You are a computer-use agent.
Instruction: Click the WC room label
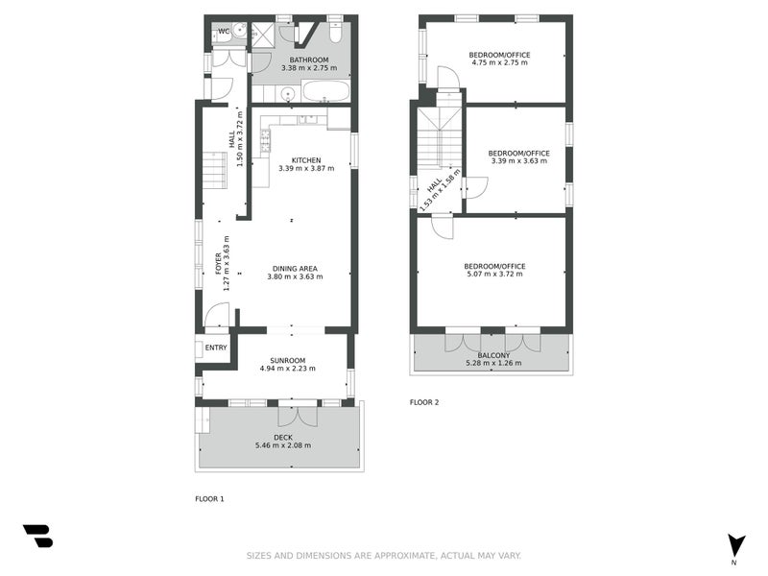[224, 32]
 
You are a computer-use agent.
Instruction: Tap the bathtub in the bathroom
[326, 93]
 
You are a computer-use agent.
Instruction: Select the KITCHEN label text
[306, 159]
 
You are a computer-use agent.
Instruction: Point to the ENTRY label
[216, 348]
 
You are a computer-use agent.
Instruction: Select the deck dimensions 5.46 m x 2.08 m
[282, 445]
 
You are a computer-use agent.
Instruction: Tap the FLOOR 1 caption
[209, 499]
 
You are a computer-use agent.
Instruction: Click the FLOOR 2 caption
[423, 402]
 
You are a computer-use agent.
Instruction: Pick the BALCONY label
[492, 354]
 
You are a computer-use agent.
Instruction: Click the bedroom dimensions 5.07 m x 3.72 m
[494, 275]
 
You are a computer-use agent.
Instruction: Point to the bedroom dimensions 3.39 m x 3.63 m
[517, 161]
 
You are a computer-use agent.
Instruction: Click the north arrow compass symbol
[735, 544]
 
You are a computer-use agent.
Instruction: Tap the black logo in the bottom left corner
[37, 536]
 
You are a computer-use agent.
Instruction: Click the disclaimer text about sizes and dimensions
[384, 556]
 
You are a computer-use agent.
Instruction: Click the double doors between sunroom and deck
[297, 416]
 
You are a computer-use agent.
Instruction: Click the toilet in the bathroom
[334, 33]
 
